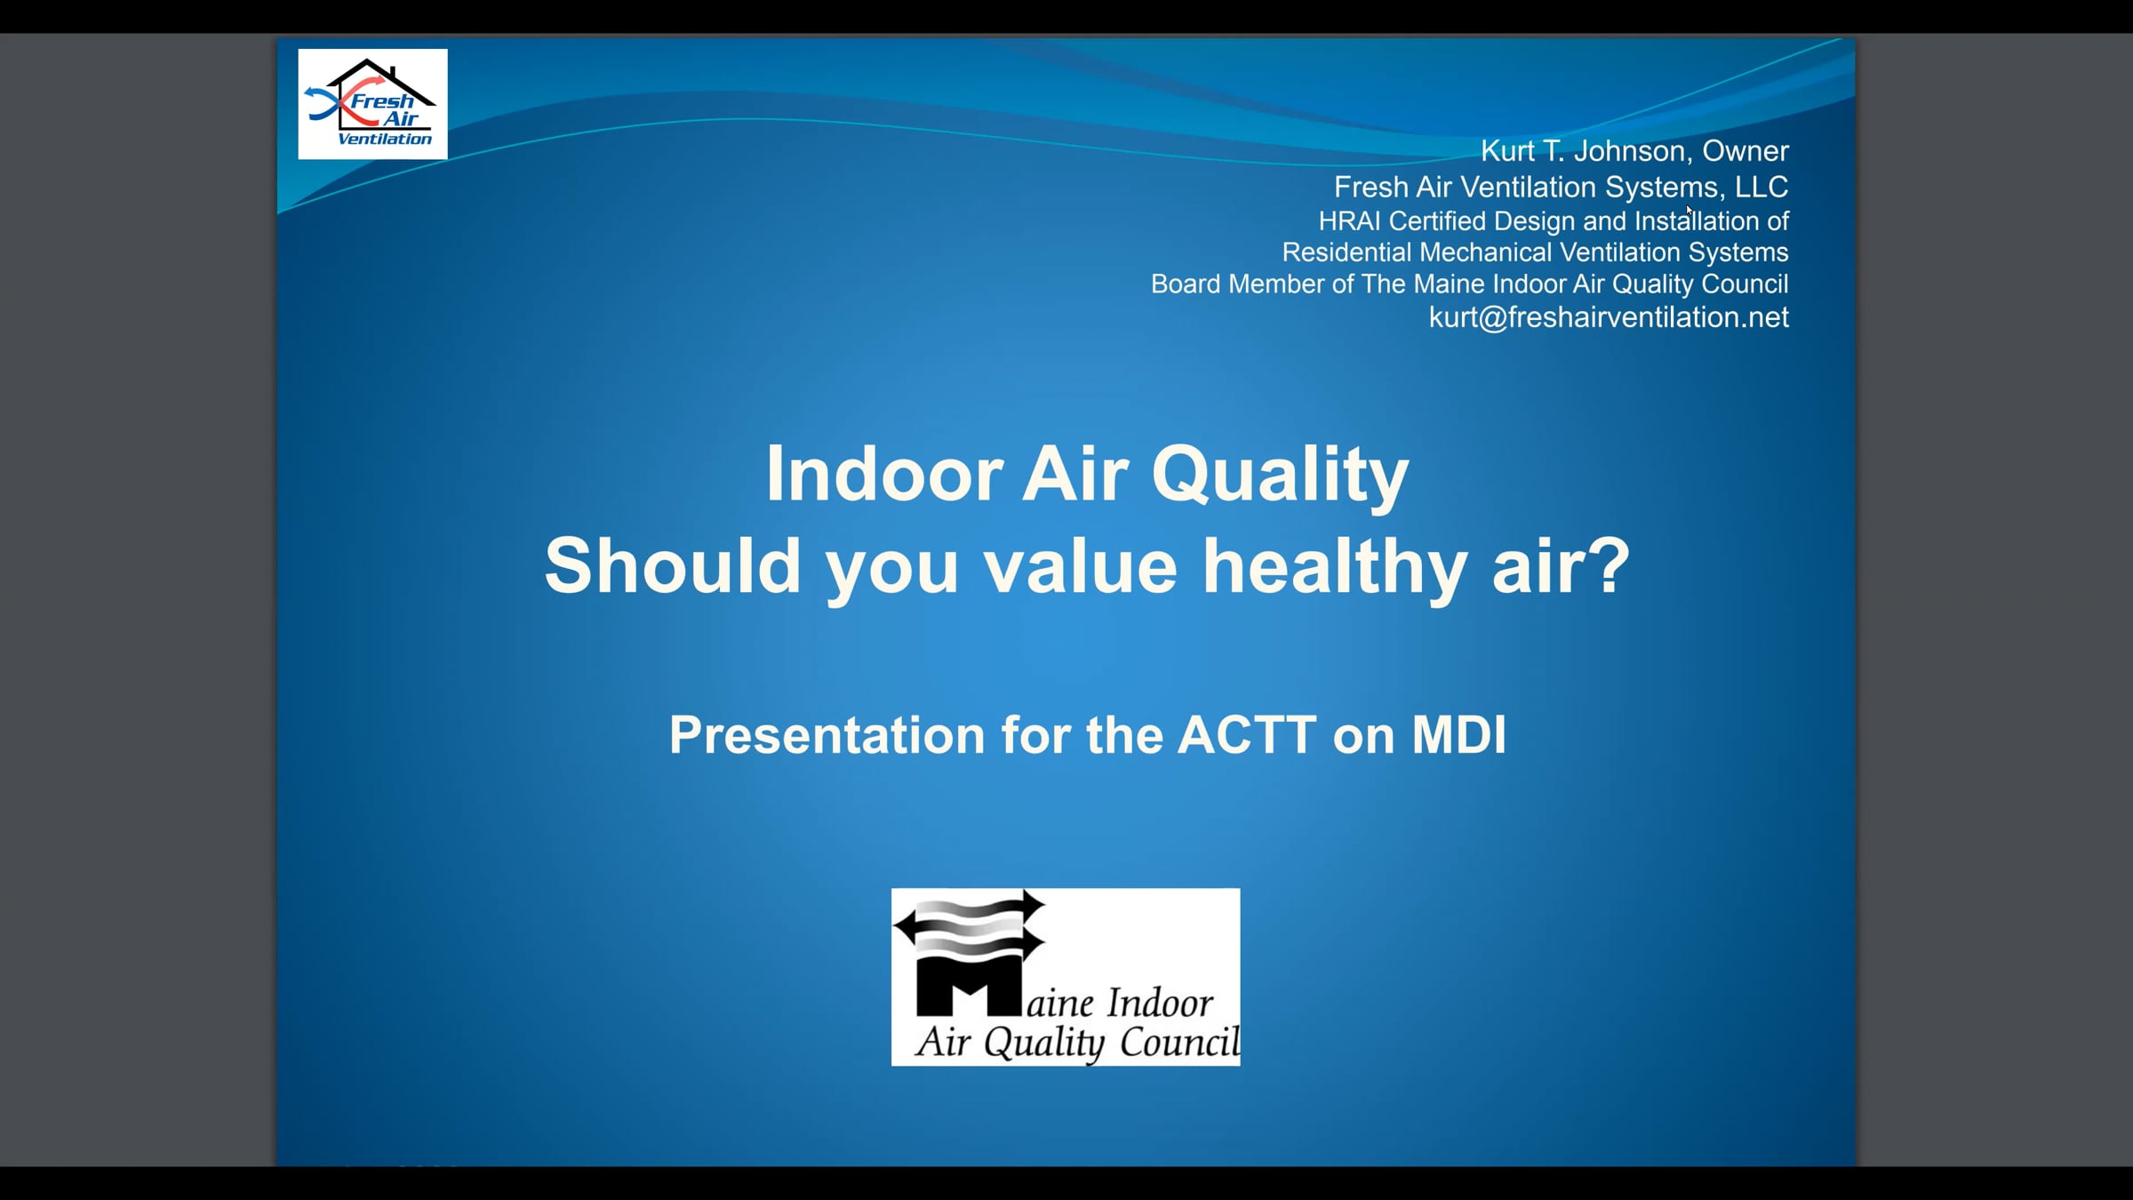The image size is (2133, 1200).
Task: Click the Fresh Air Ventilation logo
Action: (372, 104)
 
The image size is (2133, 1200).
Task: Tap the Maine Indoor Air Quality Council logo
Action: (1066, 977)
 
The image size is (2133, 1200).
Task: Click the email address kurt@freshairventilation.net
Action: (1609, 317)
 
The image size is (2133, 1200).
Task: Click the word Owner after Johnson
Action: (1746, 151)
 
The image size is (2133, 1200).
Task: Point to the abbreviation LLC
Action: (1762, 187)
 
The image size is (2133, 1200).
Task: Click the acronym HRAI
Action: (1349, 220)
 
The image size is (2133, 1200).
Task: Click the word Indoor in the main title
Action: (884, 474)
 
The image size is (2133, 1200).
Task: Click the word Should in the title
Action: (673, 565)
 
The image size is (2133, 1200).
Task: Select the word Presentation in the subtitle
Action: (827, 735)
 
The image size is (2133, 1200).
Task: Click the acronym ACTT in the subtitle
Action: (1247, 735)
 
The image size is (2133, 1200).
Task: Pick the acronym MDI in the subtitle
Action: (1459, 735)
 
